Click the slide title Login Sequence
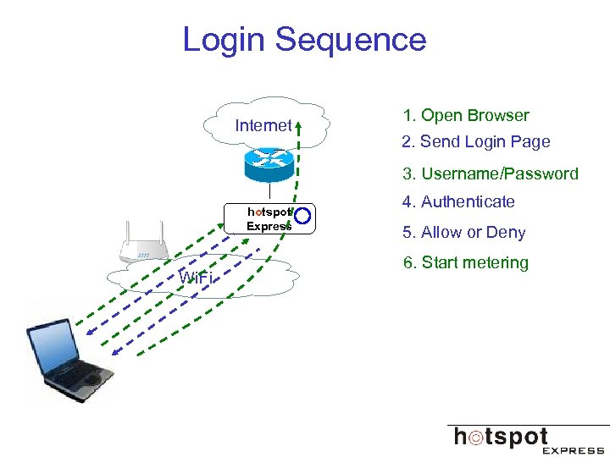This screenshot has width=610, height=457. [x=304, y=40]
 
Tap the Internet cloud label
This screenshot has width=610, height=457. [x=263, y=126]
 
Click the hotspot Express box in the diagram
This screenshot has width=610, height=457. [x=269, y=218]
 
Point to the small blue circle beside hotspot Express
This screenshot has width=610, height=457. [x=304, y=217]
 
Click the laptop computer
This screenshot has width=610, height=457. [x=68, y=360]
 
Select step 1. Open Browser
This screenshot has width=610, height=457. [x=466, y=116]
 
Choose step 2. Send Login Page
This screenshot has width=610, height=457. [x=476, y=142]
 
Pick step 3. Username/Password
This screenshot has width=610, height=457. [x=491, y=174]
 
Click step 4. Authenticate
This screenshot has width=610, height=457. [x=458, y=202]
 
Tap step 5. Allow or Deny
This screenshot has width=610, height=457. [x=464, y=233]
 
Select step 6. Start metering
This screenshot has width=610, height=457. [x=466, y=263]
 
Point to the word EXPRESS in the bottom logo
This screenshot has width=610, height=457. [x=573, y=450]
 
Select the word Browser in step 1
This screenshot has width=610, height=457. [x=498, y=116]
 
